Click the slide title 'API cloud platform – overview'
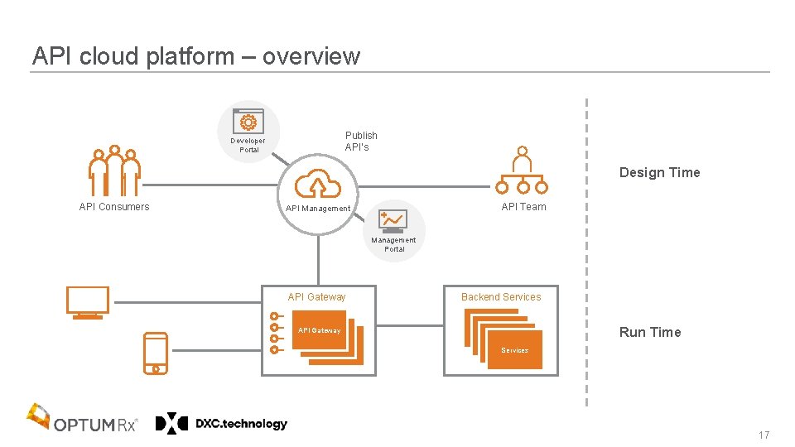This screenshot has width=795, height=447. coord(196,56)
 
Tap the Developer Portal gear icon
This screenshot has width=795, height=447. coord(248,122)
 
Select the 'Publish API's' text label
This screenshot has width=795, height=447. coord(361,141)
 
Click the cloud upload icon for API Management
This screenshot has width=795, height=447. coord(318,183)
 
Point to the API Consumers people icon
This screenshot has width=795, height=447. coord(114,171)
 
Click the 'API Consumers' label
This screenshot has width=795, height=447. coord(114,207)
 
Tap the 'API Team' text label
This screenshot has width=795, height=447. coord(523,207)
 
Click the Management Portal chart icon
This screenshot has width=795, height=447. coord(393,220)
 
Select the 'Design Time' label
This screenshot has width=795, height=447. coord(659,172)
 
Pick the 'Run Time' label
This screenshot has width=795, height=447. coord(650,332)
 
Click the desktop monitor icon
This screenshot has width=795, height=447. coord(88,302)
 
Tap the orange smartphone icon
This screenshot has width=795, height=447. coord(156,353)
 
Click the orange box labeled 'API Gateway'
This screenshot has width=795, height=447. coord(320,330)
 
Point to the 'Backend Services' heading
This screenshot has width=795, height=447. coord(501,297)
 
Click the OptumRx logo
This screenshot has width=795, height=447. coord(83,420)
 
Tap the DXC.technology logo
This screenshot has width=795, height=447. coord(221,424)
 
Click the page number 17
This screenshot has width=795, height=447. coord(763,435)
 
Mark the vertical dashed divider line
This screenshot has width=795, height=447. coord(586,248)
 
